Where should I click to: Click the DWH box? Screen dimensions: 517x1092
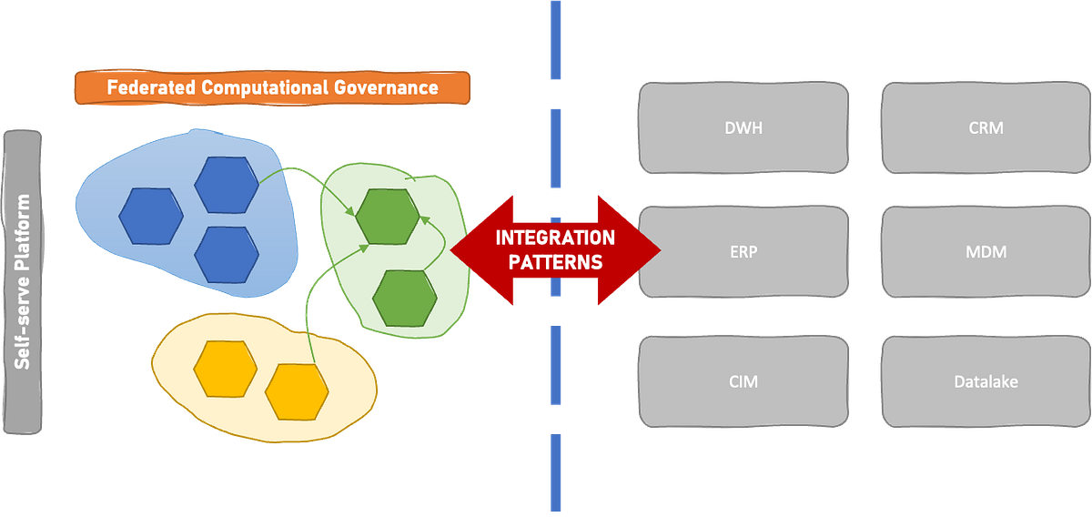tap(743, 127)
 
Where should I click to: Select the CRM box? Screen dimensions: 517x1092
tap(986, 127)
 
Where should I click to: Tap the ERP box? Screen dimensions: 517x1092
tap(743, 252)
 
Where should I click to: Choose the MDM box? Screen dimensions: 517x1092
tap(986, 252)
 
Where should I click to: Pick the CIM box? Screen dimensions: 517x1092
tap(743, 381)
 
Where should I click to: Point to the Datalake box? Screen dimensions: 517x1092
tap(986, 381)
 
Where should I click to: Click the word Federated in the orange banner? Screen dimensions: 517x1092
tap(151, 88)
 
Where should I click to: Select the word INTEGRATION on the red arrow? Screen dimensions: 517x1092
tap(554, 238)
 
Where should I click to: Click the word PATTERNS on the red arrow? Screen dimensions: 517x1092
tap(554, 262)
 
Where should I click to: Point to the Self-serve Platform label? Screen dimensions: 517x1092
tap(24, 281)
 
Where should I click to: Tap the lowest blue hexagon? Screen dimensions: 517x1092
tap(227, 253)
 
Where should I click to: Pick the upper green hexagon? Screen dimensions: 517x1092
tap(387, 217)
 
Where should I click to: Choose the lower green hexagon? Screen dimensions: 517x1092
tap(401, 297)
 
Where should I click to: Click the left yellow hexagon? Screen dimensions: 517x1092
tap(226, 370)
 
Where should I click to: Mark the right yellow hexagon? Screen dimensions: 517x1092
tap(297, 391)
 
